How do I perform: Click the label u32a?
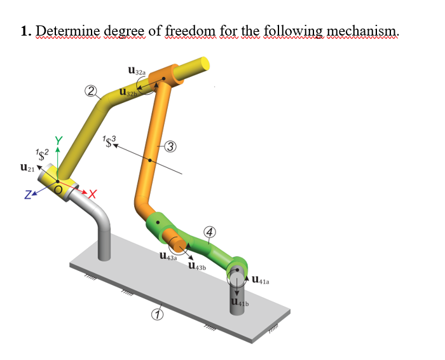[x=137, y=73]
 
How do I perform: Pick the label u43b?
[x=197, y=267]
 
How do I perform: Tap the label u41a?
[x=263, y=278]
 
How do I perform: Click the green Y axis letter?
[x=58, y=141]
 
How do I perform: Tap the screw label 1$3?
[x=108, y=141]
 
